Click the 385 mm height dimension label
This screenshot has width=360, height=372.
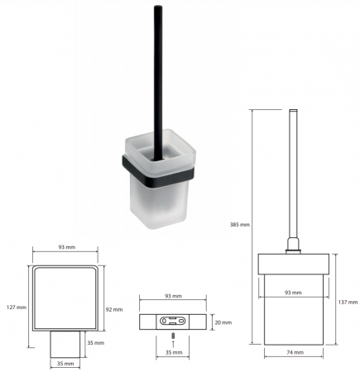click(240, 225)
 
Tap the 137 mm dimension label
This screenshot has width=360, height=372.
click(348, 303)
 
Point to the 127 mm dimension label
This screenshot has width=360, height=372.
click(17, 307)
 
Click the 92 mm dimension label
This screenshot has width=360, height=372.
click(114, 309)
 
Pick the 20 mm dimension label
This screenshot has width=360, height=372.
click(223, 322)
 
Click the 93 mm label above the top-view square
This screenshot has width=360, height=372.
click(66, 247)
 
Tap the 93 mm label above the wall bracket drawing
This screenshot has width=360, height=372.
click(173, 296)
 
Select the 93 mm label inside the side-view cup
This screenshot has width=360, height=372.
click(293, 293)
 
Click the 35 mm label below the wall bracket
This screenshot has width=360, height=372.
click(174, 352)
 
